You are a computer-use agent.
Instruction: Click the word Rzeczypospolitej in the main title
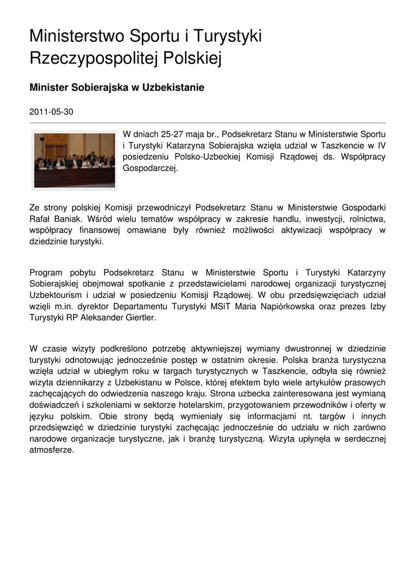pyautogui.click(x=86, y=58)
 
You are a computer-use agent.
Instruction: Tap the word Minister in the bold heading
pyautogui.click(x=48, y=88)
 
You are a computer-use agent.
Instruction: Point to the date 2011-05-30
pyautogui.click(x=51, y=111)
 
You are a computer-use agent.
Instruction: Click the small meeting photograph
pyautogui.click(x=74, y=160)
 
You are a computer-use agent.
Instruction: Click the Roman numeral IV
pyautogui.click(x=381, y=146)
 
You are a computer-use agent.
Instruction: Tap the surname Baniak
pyautogui.click(x=68, y=219)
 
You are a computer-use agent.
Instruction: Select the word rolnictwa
pyautogui.click(x=364, y=219)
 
